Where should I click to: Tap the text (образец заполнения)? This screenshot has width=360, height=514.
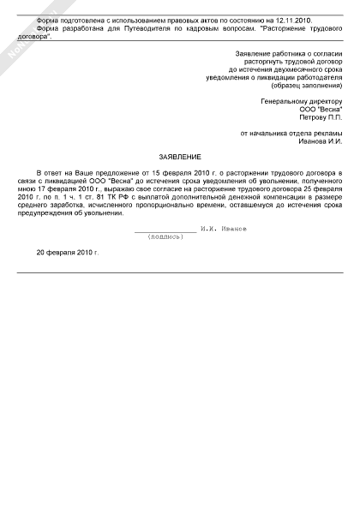[x=306, y=87]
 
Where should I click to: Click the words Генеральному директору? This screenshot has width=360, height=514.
[x=301, y=102]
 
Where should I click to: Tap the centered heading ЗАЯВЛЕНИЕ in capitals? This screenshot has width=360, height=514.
[x=180, y=158]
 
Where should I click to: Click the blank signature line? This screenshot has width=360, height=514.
[x=165, y=231]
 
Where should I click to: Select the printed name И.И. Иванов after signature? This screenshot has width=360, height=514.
[x=225, y=230]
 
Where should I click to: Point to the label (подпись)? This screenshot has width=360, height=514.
[x=165, y=237]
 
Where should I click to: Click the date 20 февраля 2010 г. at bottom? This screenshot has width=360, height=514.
[x=68, y=254]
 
